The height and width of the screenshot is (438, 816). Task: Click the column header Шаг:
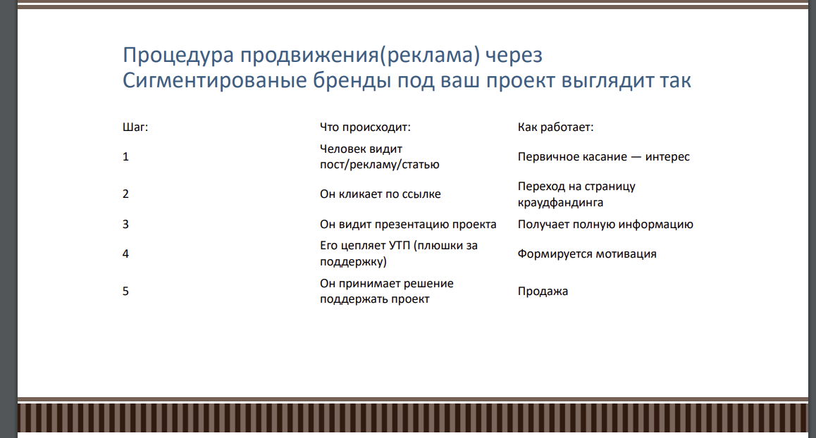(x=135, y=127)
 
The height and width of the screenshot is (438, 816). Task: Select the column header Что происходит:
(x=364, y=127)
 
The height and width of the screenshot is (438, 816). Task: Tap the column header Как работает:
(x=555, y=127)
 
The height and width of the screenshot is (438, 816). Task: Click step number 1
(x=125, y=156)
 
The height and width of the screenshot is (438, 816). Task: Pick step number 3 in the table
(x=125, y=224)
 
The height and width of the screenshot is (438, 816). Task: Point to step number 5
(x=125, y=291)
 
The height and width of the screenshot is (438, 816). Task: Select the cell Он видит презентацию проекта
(x=408, y=224)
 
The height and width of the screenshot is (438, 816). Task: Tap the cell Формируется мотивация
(x=586, y=254)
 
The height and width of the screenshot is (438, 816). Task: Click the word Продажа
(x=543, y=291)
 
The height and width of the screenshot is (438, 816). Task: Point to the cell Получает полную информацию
(x=605, y=224)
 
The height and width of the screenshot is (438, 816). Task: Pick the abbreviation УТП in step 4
(x=397, y=246)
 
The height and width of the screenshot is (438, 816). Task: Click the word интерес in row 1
(x=667, y=156)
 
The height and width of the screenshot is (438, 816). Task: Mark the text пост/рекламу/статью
(x=379, y=164)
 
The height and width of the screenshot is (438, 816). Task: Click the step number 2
(x=125, y=194)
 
